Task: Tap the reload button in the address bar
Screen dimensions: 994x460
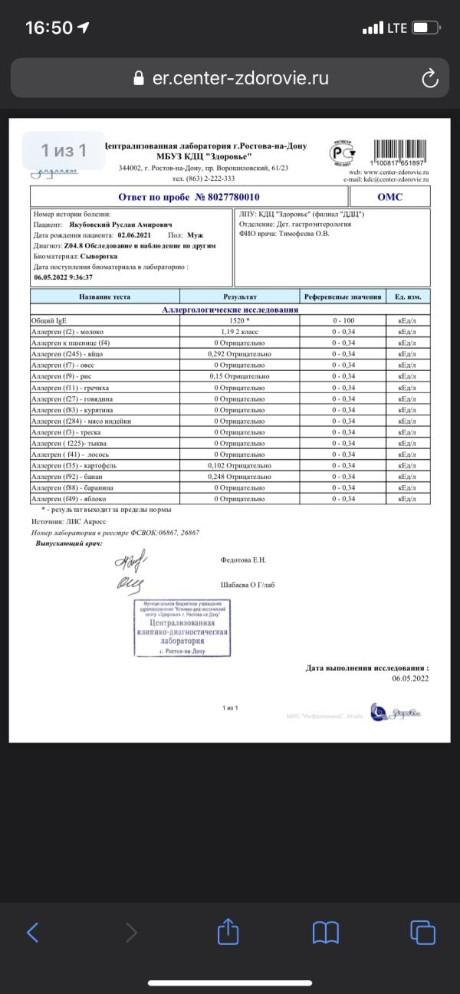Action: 430,78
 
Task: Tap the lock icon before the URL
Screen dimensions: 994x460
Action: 139,78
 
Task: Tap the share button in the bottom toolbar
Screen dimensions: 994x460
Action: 228,932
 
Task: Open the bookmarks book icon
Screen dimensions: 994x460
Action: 326,932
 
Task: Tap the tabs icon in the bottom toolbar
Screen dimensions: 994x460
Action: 422,932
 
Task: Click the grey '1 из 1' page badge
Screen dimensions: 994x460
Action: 64,150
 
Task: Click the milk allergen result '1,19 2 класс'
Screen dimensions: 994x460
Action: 239,332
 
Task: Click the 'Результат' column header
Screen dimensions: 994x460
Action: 239,296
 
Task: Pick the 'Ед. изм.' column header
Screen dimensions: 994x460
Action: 407,296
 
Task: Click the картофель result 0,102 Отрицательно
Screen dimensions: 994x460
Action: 239,465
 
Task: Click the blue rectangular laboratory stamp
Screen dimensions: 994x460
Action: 182,628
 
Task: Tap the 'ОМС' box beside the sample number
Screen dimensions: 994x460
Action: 389,197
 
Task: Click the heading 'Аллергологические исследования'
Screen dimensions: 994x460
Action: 230,310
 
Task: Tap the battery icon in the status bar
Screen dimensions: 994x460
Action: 424,28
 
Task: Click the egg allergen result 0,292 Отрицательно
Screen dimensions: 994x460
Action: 239,354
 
